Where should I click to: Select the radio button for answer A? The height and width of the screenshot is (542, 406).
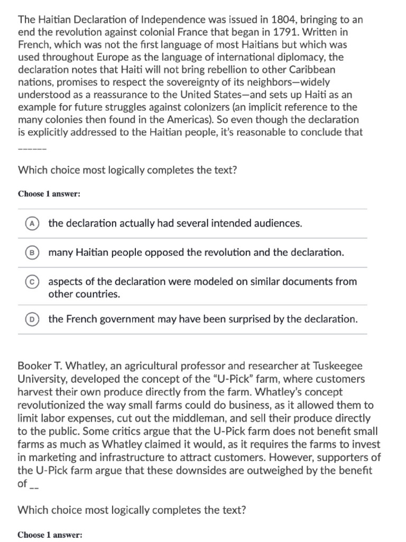tap(32, 223)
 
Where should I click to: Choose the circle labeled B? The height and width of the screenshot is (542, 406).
tap(32, 252)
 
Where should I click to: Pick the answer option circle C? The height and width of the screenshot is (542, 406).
tap(32, 282)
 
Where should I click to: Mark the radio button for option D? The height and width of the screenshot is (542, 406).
tap(32, 319)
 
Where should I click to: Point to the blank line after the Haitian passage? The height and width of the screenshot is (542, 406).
tap(32, 148)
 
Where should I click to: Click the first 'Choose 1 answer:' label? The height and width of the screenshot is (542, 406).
tap(49, 194)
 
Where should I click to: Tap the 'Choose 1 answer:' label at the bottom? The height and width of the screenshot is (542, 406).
tap(49, 535)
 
